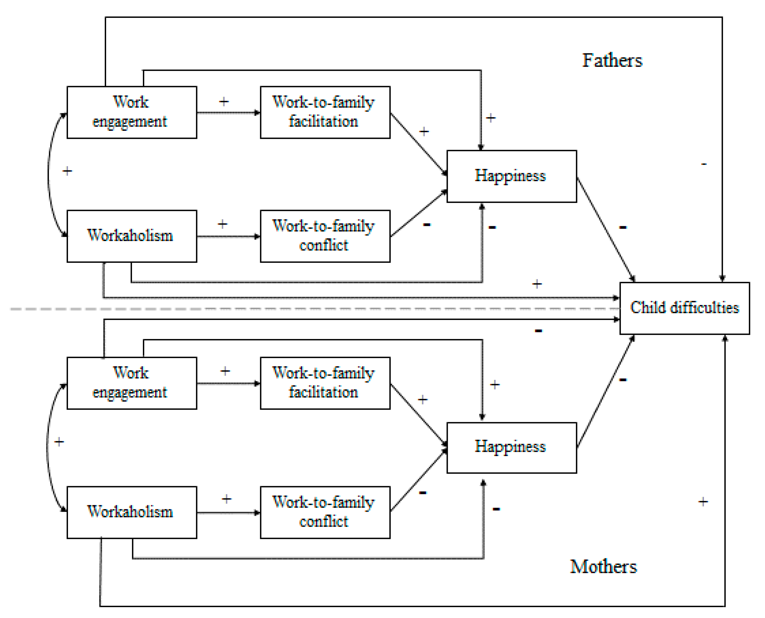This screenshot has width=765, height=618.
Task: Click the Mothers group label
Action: tap(603, 566)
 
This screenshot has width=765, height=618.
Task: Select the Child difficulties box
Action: tap(684, 308)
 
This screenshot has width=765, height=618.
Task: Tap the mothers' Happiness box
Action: tap(512, 448)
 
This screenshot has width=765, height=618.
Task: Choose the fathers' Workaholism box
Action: tap(132, 236)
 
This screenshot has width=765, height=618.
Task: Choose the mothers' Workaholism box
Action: tap(132, 512)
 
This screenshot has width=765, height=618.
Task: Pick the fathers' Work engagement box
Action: tap(132, 112)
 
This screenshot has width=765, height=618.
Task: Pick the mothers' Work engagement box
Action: tap(132, 383)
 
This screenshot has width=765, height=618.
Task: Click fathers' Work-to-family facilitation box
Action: tap(325, 112)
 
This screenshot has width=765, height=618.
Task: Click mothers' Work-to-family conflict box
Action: tap(325, 512)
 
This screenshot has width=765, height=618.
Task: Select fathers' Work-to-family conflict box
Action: tap(325, 236)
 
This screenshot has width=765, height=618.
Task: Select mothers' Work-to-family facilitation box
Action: tap(325, 383)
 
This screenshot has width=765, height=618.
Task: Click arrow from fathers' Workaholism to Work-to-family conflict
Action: tap(228, 236)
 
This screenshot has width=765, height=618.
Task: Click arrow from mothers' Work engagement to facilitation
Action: tap(228, 383)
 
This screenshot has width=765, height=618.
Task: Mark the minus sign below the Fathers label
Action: tap(704, 164)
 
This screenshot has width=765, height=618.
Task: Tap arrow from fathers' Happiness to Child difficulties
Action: tap(605, 230)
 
